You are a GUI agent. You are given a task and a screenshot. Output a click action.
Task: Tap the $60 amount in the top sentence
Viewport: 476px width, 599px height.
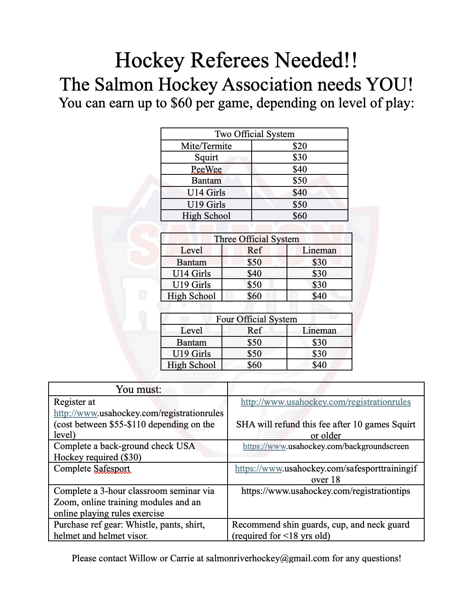pyautogui.click(x=181, y=103)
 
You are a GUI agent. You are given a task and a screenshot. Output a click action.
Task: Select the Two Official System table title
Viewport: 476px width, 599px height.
pyautogui.click(x=254, y=134)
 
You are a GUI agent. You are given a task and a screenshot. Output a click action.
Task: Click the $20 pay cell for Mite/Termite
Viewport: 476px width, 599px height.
pyautogui.click(x=299, y=146)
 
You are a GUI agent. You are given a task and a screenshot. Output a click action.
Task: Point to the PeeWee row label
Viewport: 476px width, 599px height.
pyautogui.click(x=206, y=169)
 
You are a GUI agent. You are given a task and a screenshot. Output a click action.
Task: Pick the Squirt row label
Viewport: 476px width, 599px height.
pyautogui.click(x=206, y=157)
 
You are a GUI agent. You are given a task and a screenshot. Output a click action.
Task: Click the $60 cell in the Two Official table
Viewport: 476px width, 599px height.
pyautogui.click(x=299, y=216)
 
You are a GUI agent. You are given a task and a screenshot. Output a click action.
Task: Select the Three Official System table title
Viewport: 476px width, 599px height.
pyautogui.click(x=256, y=239)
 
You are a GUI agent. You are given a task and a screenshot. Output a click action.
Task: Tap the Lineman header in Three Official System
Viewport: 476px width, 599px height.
pyautogui.click(x=319, y=251)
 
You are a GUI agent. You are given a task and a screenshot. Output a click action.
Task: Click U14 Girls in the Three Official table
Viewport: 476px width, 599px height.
pyautogui.click(x=191, y=273)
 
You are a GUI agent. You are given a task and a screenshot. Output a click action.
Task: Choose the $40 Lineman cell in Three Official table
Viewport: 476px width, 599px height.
pyautogui.click(x=319, y=296)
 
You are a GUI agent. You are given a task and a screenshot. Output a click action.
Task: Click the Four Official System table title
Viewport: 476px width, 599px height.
pyautogui.click(x=256, y=319)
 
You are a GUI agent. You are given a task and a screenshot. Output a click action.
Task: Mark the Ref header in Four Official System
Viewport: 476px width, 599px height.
pyautogui.click(x=254, y=331)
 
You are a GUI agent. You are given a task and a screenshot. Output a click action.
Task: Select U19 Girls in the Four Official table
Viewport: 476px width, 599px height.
pyautogui.click(x=191, y=354)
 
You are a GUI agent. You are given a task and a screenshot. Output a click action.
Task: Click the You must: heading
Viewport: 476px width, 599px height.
pyautogui.click(x=138, y=389)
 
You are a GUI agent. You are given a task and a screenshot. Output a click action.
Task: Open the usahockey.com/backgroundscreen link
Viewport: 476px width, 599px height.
pyautogui.click(x=325, y=447)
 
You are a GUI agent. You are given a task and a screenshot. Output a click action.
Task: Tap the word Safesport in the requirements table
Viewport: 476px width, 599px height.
pyautogui.click(x=112, y=469)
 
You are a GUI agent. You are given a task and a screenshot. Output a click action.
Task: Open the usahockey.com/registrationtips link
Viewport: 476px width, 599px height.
pyautogui.click(x=325, y=491)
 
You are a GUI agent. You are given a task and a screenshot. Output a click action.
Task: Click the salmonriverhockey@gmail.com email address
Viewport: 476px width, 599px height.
pyautogui.click(x=268, y=559)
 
